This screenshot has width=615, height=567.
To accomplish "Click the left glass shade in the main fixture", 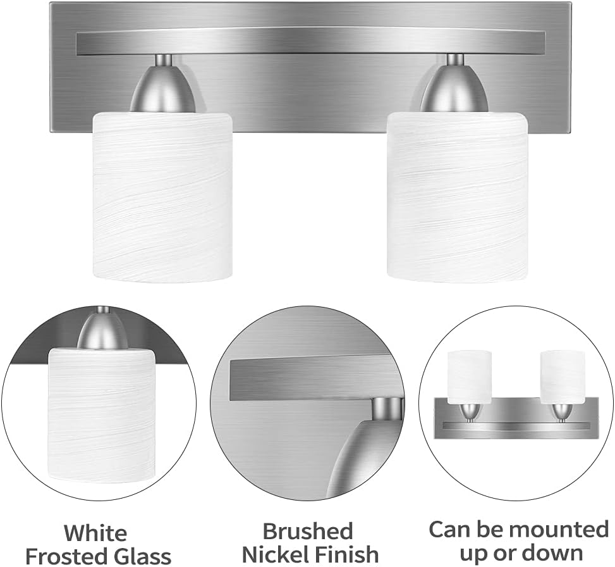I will coord(162,196).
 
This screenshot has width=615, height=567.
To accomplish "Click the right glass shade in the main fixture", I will coord(457,196).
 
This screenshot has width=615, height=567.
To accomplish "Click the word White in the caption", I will coord(95,533).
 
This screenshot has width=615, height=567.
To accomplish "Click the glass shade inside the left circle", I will coord(101,414).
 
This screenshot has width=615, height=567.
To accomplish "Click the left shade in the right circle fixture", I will coord(470,375).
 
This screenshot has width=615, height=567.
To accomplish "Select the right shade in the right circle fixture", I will coord(563,375).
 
